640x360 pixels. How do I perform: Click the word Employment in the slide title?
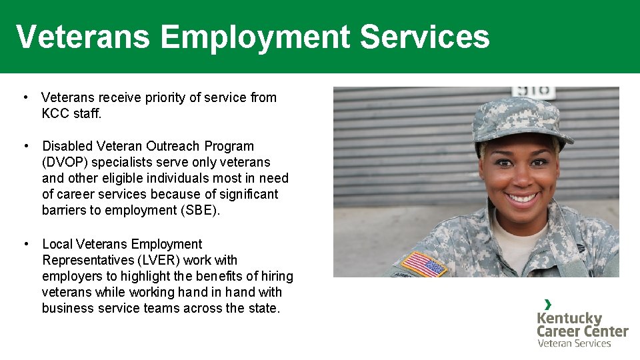[x=255, y=37]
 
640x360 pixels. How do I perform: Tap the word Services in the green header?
[x=425, y=37]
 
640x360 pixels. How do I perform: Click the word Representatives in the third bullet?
[x=86, y=260]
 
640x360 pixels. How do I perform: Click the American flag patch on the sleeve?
[x=425, y=264]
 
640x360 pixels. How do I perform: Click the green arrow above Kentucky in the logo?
[x=548, y=304]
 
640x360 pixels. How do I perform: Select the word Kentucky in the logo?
[x=569, y=318]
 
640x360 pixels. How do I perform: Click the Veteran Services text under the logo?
[x=574, y=343]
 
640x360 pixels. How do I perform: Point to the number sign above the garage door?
[x=533, y=92]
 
